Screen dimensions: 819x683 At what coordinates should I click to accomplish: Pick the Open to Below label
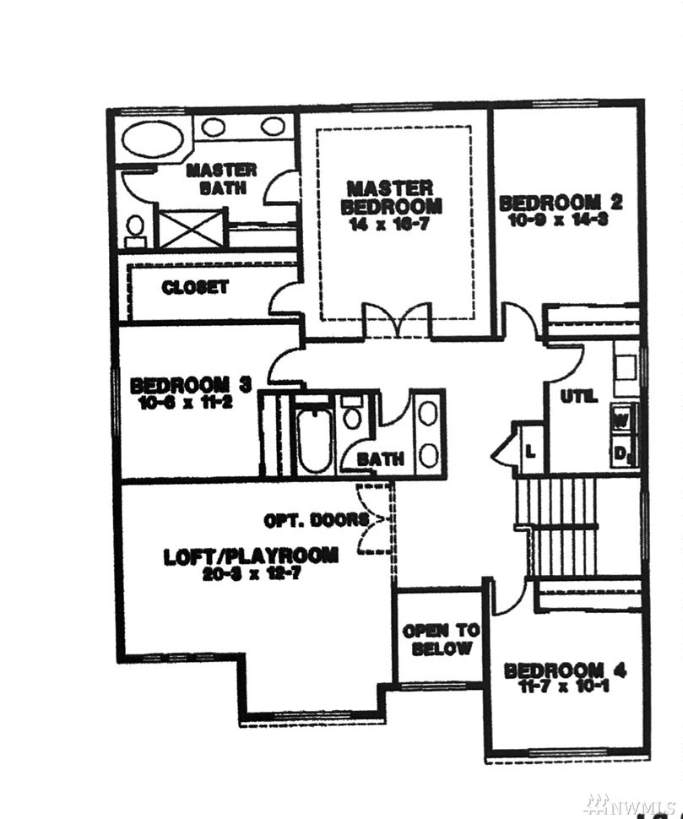click(440, 639)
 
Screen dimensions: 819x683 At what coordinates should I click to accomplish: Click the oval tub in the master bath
click(154, 138)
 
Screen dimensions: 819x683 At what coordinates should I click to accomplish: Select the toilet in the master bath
click(135, 228)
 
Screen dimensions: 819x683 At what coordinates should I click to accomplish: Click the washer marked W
click(622, 417)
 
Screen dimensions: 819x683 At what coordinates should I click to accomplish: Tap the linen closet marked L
click(530, 450)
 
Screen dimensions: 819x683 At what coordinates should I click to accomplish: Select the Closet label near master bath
click(195, 287)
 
